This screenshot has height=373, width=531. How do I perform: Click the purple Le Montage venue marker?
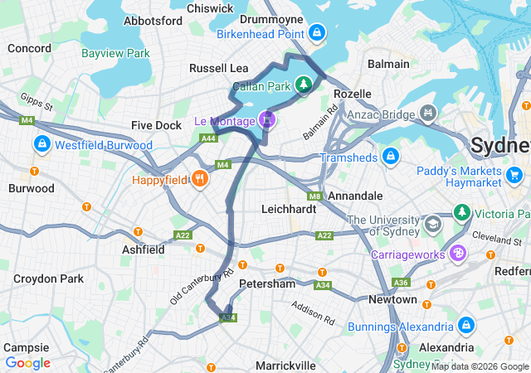(x=266, y=120)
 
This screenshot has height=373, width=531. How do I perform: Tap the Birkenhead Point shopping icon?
(x=315, y=33)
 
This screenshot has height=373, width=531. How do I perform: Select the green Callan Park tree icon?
(x=304, y=84)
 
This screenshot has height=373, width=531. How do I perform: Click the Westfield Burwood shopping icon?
(x=41, y=145)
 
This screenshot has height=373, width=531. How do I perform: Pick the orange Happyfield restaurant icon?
(x=199, y=178)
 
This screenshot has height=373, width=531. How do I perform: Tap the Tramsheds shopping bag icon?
(x=390, y=157)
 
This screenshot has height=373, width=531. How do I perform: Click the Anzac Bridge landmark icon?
(x=427, y=110)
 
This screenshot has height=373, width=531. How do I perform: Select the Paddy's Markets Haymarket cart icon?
(x=514, y=174)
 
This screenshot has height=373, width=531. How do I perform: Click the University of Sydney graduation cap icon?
(x=432, y=225)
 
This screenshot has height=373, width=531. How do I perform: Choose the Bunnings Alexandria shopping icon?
(x=465, y=326)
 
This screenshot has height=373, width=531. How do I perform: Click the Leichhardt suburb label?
(x=288, y=210)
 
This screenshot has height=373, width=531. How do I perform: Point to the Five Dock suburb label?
(x=156, y=125)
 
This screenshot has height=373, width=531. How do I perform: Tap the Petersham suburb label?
(x=266, y=283)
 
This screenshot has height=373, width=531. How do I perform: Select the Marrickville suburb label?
(x=285, y=365)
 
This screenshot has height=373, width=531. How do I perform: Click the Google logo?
(x=27, y=362)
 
